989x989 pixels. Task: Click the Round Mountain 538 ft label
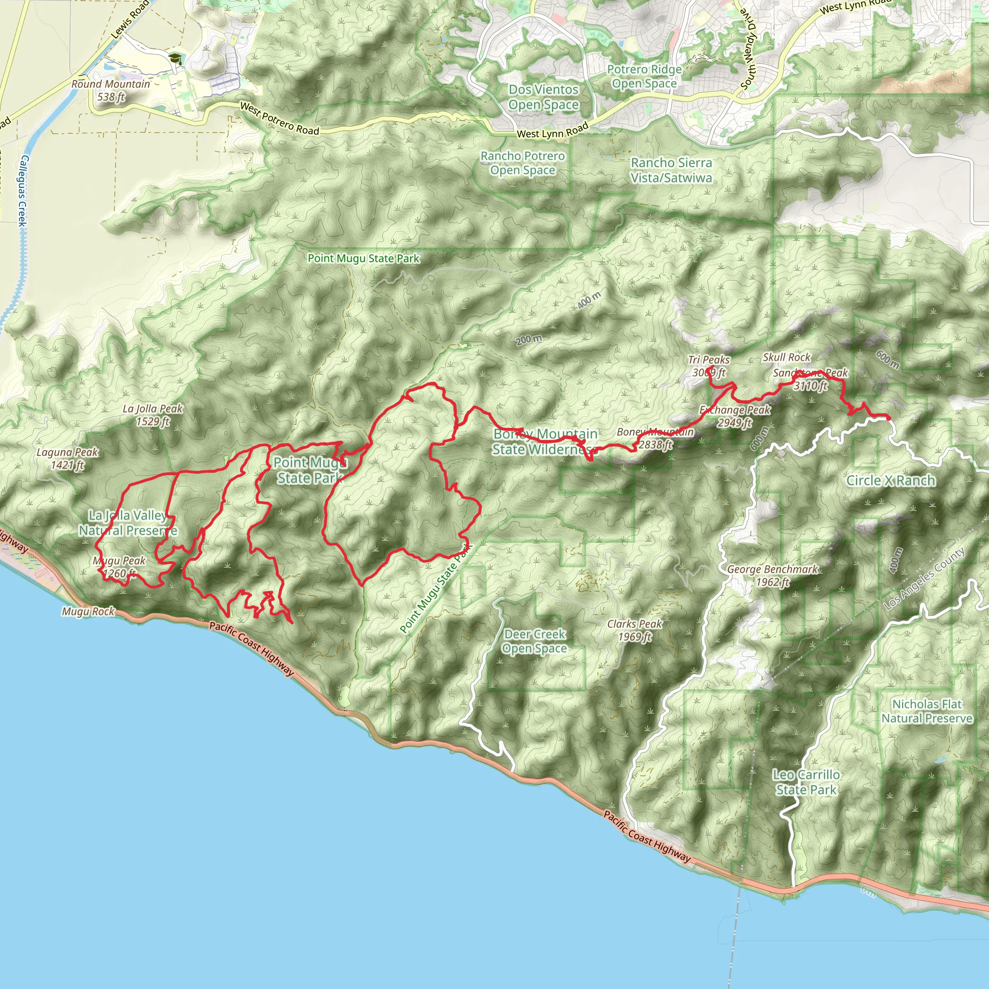111,90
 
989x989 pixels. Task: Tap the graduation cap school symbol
175,58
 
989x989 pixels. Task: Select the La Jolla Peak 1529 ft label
153,415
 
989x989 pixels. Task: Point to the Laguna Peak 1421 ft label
67,458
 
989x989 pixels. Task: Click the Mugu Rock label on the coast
88,611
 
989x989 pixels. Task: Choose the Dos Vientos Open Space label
543,97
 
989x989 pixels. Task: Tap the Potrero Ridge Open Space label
644,76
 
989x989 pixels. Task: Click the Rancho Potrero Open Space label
522,163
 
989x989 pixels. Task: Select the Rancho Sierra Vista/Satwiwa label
671,170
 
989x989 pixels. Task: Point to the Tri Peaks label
708,360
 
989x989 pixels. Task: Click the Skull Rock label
786,357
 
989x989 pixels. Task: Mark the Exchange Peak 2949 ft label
735,416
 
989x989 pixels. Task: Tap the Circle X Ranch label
890,480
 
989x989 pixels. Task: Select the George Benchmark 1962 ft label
772,575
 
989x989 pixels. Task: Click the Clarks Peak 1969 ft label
634,630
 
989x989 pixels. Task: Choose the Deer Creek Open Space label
535,641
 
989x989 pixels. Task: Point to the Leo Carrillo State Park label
806,782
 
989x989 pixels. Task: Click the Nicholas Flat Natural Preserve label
927,711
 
